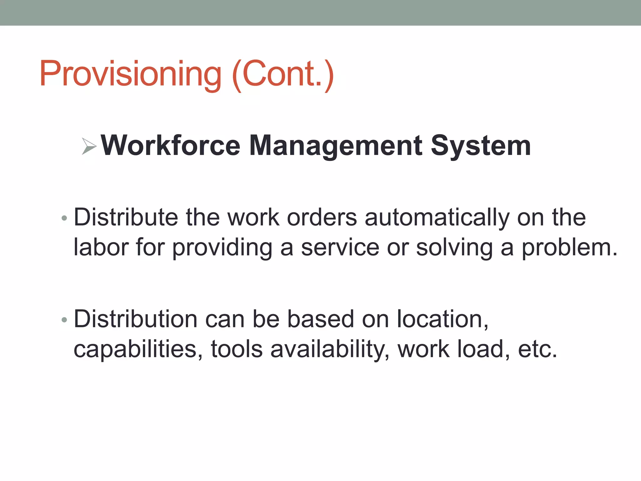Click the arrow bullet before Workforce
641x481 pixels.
(x=89, y=146)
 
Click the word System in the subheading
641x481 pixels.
(x=481, y=146)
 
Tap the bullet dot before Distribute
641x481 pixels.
(x=64, y=218)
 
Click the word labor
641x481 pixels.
(x=101, y=247)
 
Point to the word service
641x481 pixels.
(x=340, y=247)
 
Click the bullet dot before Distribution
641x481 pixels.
(x=64, y=320)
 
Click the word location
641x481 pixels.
(x=442, y=319)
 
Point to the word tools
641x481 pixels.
(x=237, y=349)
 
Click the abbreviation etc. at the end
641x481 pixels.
(x=537, y=349)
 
